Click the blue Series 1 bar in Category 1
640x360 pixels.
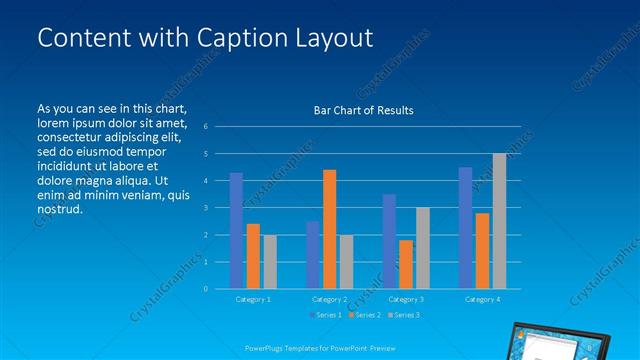click(236, 231)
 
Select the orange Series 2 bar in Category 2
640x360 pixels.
click(330, 229)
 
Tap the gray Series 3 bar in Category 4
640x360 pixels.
click(499, 221)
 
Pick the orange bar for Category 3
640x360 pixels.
click(406, 264)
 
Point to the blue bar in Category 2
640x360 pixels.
click(313, 255)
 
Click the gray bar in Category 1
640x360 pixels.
click(270, 262)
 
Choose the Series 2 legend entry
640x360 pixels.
click(364, 314)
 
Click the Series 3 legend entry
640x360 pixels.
click(403, 314)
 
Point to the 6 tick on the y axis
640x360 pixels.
click(204, 127)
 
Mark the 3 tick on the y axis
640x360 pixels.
click(204, 208)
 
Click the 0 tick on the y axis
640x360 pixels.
click(204, 289)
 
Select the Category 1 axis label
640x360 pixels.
click(252, 299)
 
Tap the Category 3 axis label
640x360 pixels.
click(406, 299)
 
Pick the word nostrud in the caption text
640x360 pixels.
click(57, 209)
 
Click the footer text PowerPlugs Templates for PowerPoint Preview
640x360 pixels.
click(319, 347)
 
